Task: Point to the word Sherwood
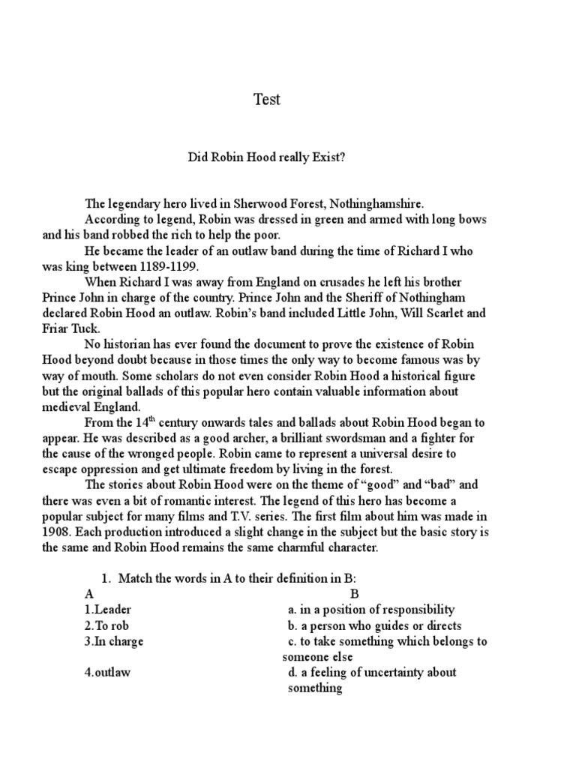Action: pos(261,203)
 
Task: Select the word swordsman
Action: pos(334,437)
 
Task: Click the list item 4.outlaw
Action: pos(107,672)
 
